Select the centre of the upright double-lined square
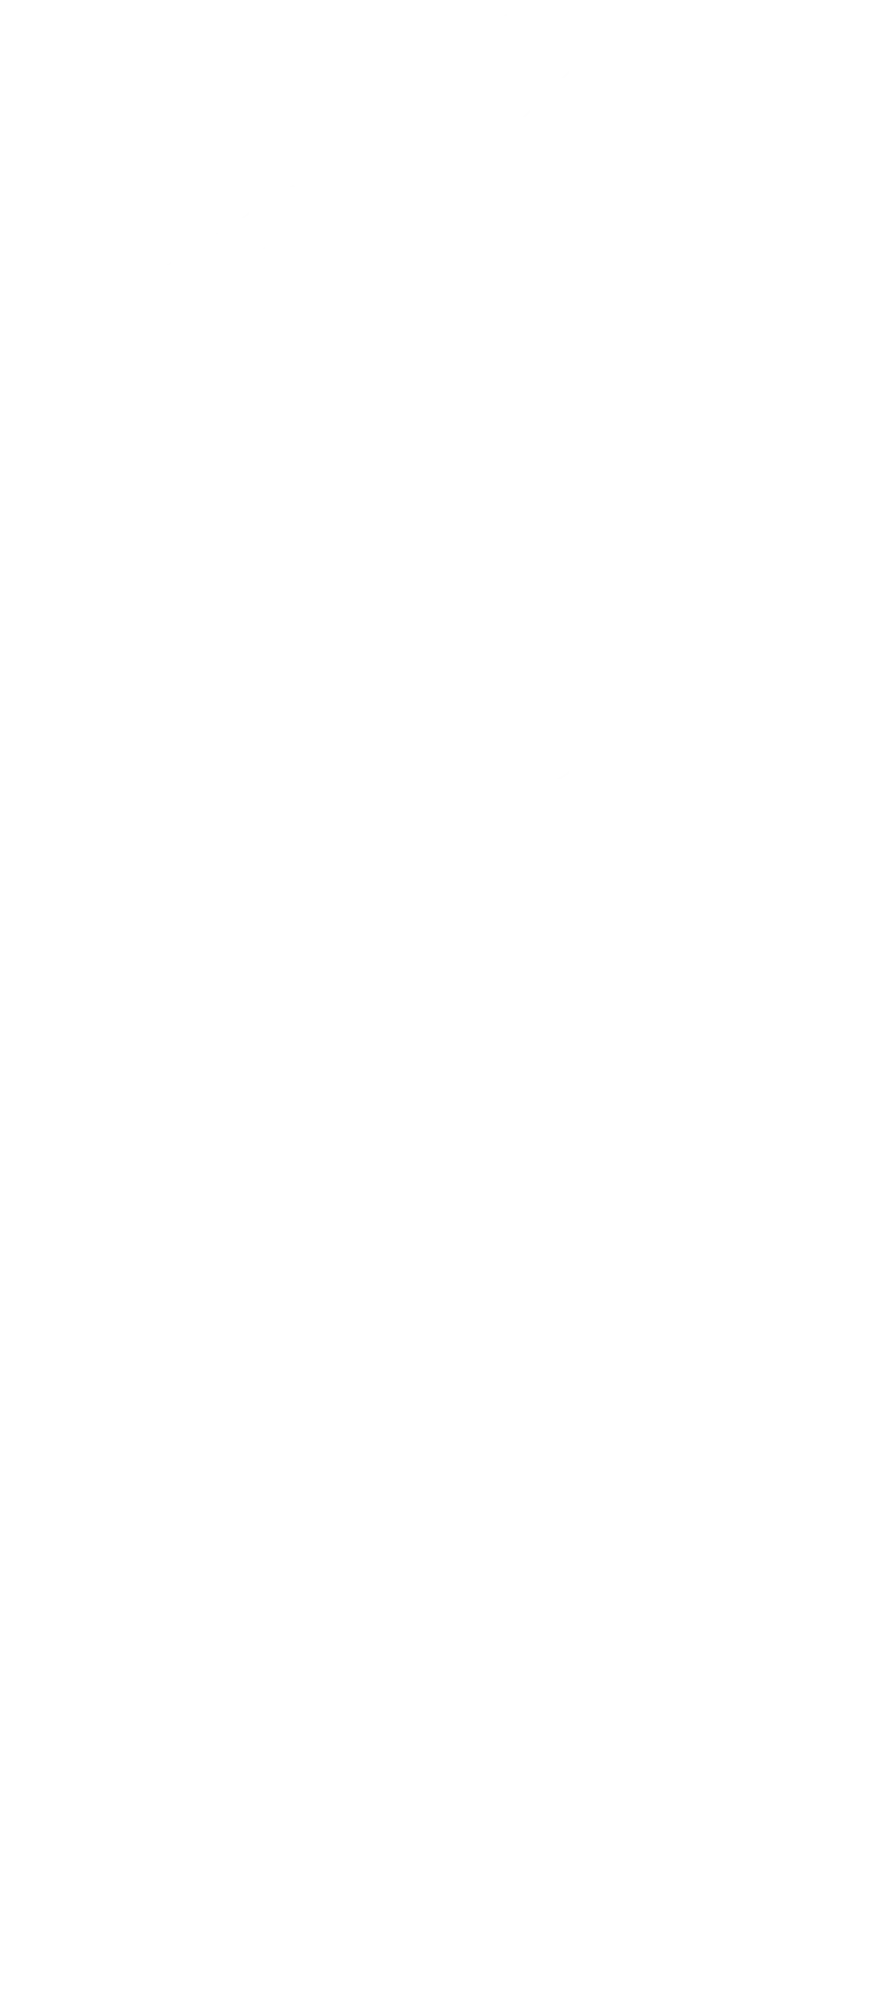coord(602,609)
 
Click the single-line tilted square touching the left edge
coord(112,1448)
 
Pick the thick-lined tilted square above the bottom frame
coord(588,1608)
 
